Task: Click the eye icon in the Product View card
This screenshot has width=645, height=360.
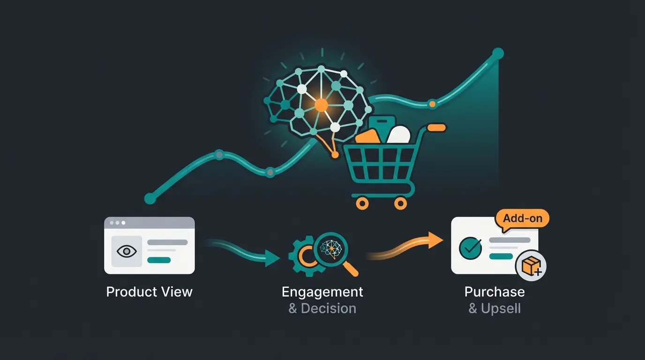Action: [x=126, y=251]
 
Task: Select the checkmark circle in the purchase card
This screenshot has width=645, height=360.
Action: [x=470, y=247]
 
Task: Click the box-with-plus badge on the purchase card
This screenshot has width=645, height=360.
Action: [x=531, y=266]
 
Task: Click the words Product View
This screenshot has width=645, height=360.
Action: [x=149, y=292]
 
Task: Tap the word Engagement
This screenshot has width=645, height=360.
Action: [x=322, y=292]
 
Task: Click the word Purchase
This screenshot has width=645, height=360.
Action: [x=495, y=292]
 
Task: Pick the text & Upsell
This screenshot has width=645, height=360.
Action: [x=495, y=308]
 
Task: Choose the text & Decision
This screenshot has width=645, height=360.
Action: [x=322, y=308]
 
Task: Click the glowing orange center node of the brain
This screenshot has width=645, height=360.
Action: [x=321, y=105]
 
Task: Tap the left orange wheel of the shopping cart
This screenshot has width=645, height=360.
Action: [x=362, y=202]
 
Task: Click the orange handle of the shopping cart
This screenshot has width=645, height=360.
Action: [x=436, y=127]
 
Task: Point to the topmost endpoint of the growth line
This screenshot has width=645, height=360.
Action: [x=498, y=53]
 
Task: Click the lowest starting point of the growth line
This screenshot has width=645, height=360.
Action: [x=150, y=198]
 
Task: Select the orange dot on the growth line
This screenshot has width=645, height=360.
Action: [x=432, y=103]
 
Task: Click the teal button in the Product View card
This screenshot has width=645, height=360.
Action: [x=159, y=260]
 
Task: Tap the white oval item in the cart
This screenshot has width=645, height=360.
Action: [x=399, y=135]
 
